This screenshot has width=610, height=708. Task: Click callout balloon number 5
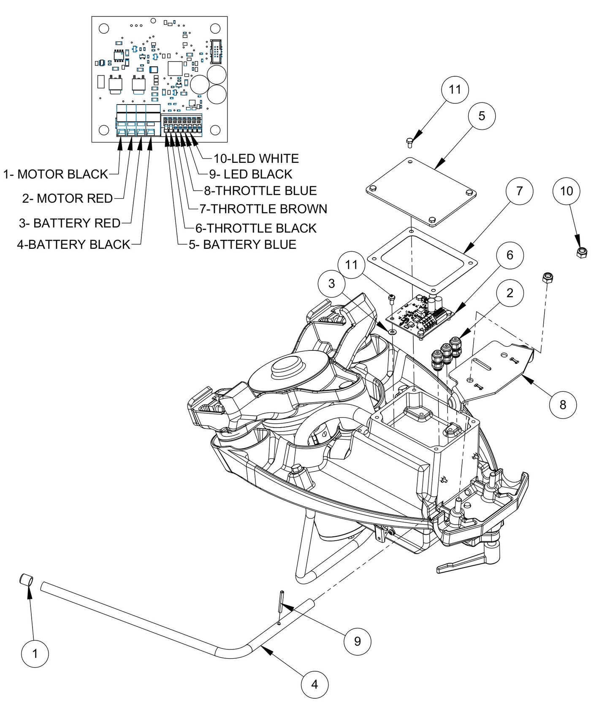[x=482, y=116]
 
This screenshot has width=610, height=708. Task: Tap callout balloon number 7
[x=519, y=191]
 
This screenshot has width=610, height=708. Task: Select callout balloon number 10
[x=566, y=191]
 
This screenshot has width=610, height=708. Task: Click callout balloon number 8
[x=563, y=404]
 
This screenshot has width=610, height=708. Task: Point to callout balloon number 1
[x=35, y=654]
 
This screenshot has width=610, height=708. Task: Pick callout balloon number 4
[x=314, y=684]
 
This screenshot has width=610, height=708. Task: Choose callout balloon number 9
[x=358, y=641]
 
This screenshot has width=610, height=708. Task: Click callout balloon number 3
[x=331, y=283]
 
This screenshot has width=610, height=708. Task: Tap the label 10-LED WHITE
[x=256, y=159]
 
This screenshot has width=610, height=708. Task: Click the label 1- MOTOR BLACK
[x=56, y=174]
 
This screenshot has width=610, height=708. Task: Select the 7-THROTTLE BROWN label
[x=263, y=209]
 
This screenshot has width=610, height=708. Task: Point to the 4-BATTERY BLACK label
[x=73, y=245]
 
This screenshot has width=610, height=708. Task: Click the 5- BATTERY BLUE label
[x=242, y=245]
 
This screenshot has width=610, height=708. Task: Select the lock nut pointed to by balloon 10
[x=582, y=252]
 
